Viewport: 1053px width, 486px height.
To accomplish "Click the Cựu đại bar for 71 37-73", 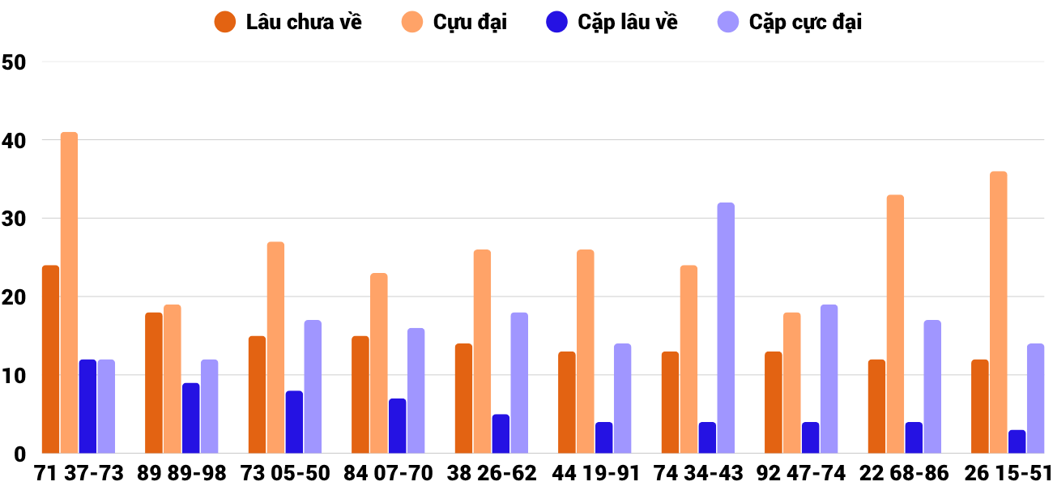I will [x=69, y=292].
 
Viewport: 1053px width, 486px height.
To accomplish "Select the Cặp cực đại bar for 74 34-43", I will [x=726, y=328].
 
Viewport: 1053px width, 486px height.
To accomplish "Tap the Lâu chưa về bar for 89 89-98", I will [x=154, y=383].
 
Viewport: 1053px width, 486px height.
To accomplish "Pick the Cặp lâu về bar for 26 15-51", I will [x=1017, y=441].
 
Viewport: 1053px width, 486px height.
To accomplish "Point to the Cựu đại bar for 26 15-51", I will [x=999, y=313].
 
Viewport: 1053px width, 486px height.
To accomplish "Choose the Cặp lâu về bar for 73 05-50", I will [x=294, y=422].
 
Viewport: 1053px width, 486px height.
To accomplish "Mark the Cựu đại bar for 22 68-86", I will [x=895, y=324].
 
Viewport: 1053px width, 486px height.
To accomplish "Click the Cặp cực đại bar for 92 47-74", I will [x=829, y=379].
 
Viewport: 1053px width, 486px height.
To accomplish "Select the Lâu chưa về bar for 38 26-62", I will [x=463, y=399].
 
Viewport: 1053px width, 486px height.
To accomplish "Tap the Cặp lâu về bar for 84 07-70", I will [x=397, y=426].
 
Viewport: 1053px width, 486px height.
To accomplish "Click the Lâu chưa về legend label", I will [x=304, y=22].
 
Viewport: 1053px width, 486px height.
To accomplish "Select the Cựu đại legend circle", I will [x=413, y=22].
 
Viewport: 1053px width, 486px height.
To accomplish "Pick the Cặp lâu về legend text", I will [x=628, y=22].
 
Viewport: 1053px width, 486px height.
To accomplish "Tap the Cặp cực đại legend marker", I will [x=730, y=22].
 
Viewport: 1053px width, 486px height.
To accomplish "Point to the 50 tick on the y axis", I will [x=15, y=62].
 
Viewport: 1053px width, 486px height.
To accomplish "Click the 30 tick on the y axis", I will [x=15, y=219].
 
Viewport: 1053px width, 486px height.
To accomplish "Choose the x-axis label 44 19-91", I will [x=595, y=473].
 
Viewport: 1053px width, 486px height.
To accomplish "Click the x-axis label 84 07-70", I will [x=389, y=473].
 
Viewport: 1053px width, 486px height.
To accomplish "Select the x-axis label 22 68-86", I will [x=905, y=473].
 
